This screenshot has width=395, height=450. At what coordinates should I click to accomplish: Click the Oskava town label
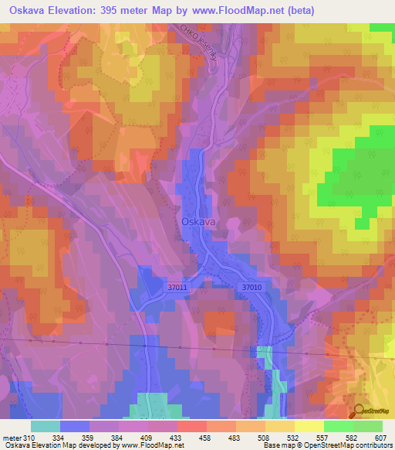tap(198, 221)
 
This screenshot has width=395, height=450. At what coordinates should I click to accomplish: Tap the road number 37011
tap(177, 287)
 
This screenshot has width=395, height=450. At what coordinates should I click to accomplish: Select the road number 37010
tap(252, 287)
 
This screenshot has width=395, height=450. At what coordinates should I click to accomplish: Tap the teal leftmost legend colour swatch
tap(45, 426)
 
